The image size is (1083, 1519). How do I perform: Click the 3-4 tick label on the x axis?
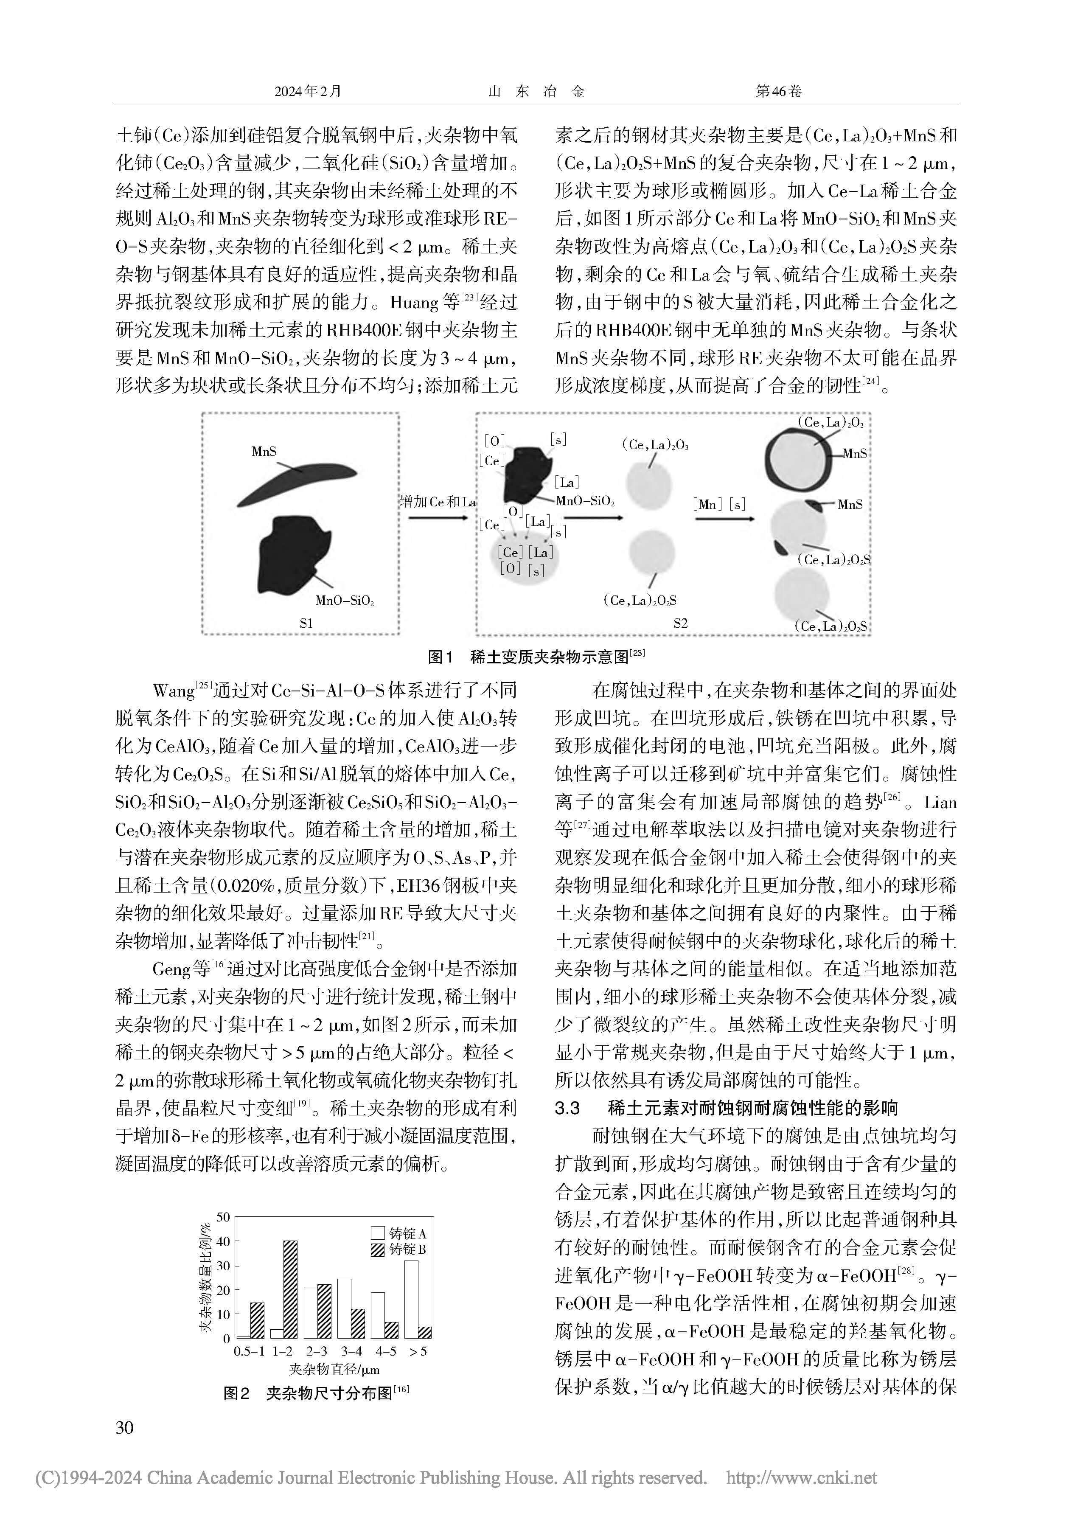click(351, 1351)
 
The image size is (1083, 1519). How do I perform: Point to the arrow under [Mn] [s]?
click(724, 518)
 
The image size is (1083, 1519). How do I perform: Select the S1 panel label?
click(306, 623)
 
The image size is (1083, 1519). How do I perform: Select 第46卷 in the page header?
click(778, 91)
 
